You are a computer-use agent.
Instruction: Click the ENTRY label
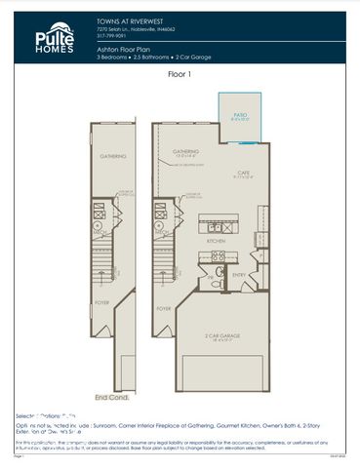tap(241, 275)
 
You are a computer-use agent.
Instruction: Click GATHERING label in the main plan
tap(185, 151)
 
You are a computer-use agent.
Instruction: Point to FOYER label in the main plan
tap(164, 308)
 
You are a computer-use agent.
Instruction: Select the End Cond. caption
tap(111, 397)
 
